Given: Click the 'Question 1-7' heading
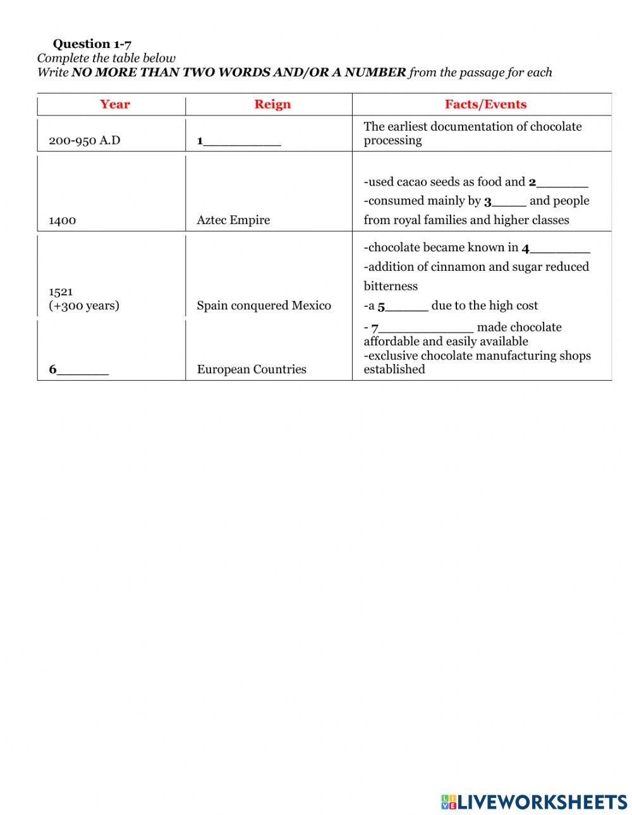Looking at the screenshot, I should (92, 44).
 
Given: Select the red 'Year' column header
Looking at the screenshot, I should (114, 104).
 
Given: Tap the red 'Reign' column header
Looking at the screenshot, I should (272, 104).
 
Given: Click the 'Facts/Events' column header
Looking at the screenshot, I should (485, 104).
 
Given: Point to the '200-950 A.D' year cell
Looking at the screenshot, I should (84, 140).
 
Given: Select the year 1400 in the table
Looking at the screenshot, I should (62, 220).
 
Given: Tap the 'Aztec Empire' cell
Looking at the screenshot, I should (233, 220).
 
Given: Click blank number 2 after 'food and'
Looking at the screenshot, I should (562, 183).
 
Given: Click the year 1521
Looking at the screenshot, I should (61, 292).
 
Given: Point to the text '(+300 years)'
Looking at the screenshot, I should (84, 306).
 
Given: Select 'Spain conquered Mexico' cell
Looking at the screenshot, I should (264, 306).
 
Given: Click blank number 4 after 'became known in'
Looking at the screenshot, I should (559, 249).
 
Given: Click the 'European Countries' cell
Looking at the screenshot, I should (252, 369).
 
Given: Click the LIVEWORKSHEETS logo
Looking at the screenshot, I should (534, 802).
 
